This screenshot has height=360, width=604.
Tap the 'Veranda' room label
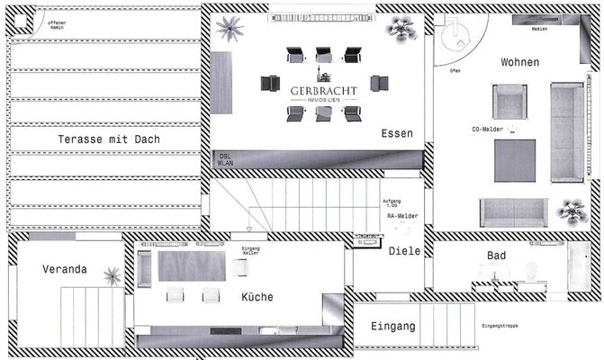click(x=65, y=269)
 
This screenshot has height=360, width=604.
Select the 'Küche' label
click(x=257, y=297)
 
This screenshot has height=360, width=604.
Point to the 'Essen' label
click(x=396, y=133)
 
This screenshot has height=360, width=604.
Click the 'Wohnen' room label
click(x=520, y=62)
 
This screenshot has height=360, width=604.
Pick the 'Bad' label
click(x=496, y=256)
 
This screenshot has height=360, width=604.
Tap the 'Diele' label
click(x=404, y=251)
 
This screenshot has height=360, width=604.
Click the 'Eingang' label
click(x=392, y=326)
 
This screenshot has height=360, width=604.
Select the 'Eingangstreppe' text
click(x=500, y=326)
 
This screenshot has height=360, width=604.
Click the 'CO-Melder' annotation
click(x=487, y=130)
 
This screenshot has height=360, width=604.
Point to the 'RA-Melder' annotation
click(x=401, y=217)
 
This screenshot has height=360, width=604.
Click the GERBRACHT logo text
click(x=323, y=91)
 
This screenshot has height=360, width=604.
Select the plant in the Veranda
click(x=113, y=275)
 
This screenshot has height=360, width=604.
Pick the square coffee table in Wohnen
click(x=515, y=160)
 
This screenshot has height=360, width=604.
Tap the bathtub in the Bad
click(x=578, y=267)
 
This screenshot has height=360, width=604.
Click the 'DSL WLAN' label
click(x=225, y=160)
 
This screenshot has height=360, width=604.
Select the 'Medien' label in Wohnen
click(x=539, y=30)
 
